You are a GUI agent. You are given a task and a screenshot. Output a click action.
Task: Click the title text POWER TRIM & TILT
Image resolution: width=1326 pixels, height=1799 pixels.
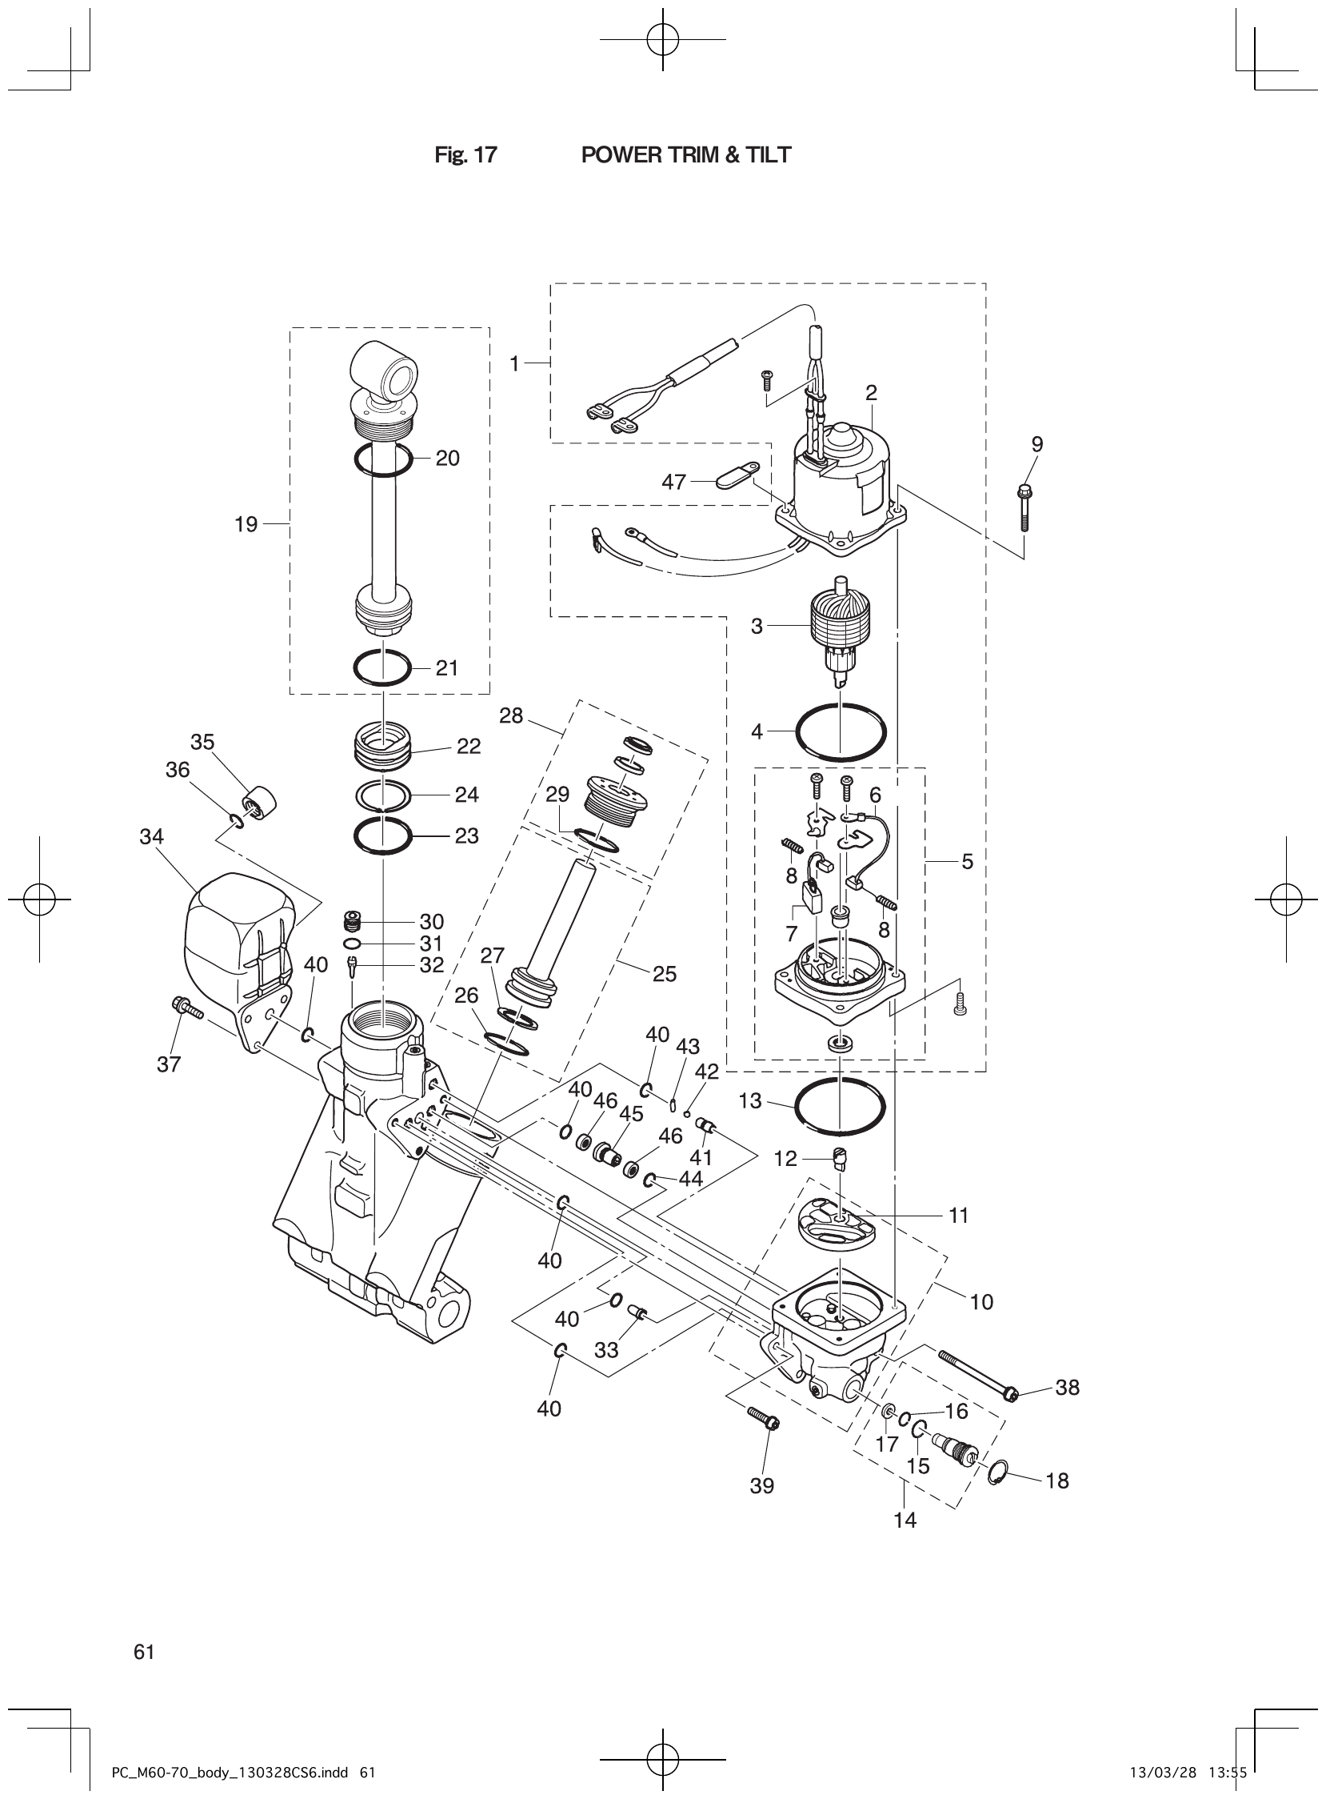[x=685, y=155]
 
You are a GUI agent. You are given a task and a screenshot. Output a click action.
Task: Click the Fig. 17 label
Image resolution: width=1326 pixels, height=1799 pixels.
[x=465, y=155]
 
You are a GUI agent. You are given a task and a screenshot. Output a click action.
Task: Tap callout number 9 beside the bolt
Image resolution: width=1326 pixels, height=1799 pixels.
[x=1037, y=444]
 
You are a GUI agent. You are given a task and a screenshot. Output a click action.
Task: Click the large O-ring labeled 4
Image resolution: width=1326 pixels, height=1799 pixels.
[x=841, y=731]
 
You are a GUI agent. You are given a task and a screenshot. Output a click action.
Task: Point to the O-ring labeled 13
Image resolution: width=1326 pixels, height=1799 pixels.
[x=840, y=1107]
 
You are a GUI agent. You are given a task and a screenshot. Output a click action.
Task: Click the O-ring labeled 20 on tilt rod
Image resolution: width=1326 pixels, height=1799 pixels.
[x=384, y=459]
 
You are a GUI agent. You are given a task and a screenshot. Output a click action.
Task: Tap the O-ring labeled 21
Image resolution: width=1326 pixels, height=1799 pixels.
[x=383, y=667]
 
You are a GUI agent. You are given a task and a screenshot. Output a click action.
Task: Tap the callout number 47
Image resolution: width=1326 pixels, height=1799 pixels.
[x=673, y=482]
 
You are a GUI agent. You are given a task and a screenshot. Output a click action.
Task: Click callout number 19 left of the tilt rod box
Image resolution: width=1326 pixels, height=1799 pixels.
[x=246, y=524]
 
